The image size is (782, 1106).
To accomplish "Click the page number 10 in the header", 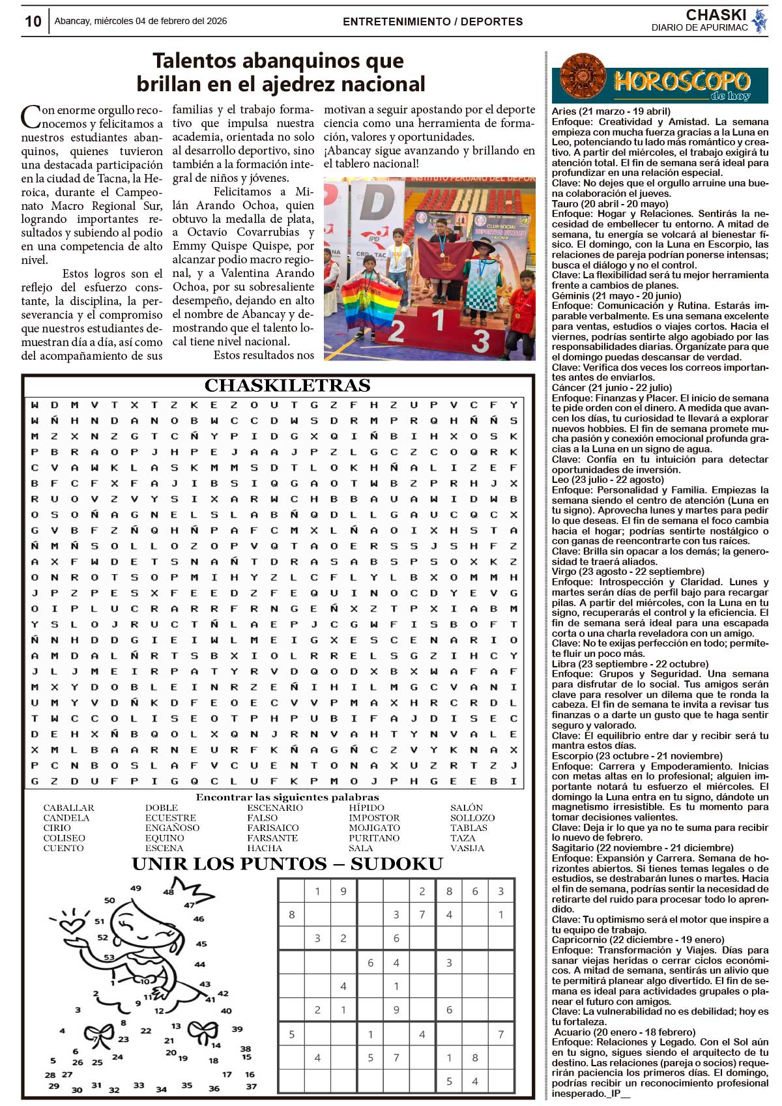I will (33, 22).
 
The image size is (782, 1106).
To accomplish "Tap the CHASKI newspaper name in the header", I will (716, 14).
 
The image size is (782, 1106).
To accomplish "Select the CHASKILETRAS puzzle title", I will (287, 386).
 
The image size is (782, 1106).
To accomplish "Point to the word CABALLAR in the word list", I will (68, 808).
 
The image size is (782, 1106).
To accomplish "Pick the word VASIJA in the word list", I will (467, 848).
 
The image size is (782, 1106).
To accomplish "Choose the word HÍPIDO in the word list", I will (366, 808).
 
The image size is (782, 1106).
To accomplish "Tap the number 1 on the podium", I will (439, 320).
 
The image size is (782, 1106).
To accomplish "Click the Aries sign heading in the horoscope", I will (611, 111).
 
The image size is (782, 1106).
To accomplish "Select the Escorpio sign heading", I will (637, 756).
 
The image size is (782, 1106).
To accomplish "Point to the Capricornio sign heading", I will (637, 940).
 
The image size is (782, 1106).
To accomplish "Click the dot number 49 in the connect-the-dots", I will (136, 888).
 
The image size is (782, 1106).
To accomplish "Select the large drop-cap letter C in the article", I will (31, 117).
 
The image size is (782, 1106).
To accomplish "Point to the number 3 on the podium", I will (480, 340).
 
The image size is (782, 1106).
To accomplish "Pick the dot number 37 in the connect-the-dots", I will (252, 1086).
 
